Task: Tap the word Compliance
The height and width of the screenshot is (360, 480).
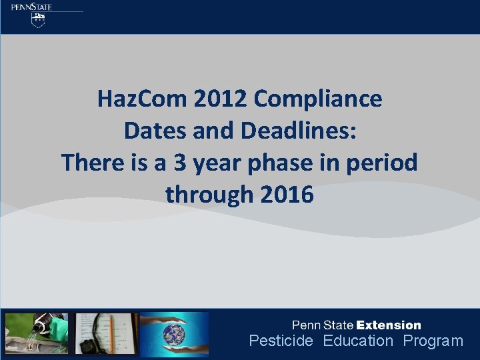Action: (x=318, y=99)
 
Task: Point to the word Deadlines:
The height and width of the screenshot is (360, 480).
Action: (x=299, y=131)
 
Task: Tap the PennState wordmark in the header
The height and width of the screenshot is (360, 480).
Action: (x=31, y=7)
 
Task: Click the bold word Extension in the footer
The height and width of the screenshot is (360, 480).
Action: (x=389, y=325)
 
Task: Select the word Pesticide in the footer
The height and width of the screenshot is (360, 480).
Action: (x=281, y=341)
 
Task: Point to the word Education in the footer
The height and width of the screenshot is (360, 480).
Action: (x=359, y=341)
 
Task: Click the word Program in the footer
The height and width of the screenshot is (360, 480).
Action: (x=433, y=341)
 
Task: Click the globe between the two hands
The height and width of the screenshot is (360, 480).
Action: (x=175, y=333)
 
